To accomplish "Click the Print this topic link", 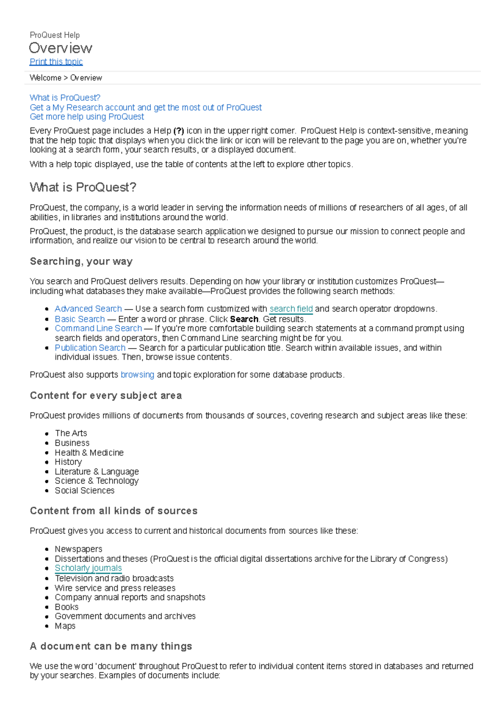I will pos(56,62).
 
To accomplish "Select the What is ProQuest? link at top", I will pos(65,98).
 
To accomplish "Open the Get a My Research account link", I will pos(146,107).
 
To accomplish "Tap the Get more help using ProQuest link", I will pos(87,117).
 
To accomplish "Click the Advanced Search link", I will pos(88,309).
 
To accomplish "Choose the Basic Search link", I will pos(80,319).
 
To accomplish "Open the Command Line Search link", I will pos(98,328).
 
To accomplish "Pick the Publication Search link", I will pos(90,348).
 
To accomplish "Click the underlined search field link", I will pos(291,309).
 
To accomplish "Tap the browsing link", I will pos(137,375).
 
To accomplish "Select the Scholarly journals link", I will pos(88,568).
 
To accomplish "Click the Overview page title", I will pos(60,48).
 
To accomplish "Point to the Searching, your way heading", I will pos(81,262).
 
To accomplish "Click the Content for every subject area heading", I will pos(106,396).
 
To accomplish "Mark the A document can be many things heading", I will pos(111,646).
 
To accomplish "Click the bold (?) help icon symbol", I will pos(179,131).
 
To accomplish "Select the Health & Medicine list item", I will pos(89,453).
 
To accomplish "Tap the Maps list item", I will pos(65,626).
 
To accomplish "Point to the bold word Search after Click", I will pos(244,319).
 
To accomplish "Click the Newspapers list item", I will pos(79,549).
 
